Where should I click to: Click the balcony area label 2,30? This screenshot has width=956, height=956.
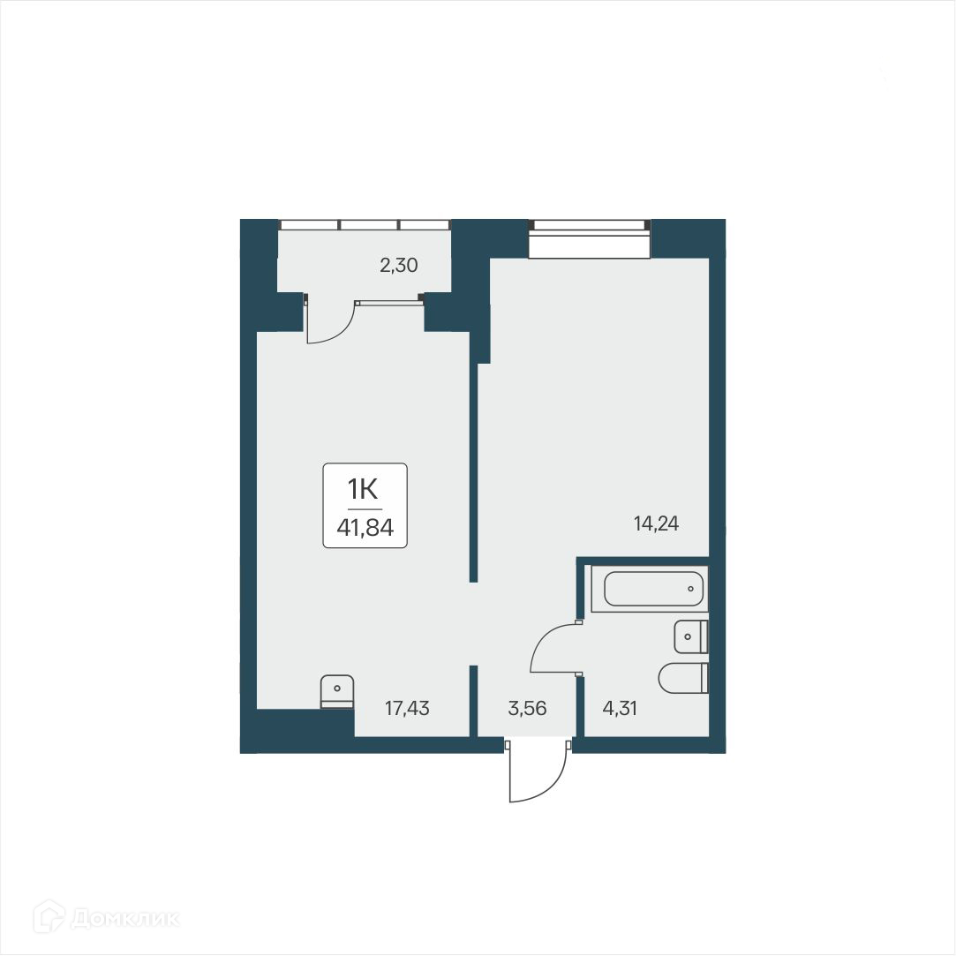click(x=398, y=265)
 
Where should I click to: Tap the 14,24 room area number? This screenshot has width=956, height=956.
click(x=657, y=523)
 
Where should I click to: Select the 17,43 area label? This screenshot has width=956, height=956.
click(x=407, y=707)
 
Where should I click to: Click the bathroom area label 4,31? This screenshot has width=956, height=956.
click(x=618, y=707)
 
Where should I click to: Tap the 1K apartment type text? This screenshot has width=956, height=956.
click(x=365, y=488)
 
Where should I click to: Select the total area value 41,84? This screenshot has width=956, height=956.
click(x=365, y=529)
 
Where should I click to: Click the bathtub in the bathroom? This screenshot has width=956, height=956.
click(x=653, y=589)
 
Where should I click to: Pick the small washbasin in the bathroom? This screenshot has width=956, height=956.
click(x=689, y=636)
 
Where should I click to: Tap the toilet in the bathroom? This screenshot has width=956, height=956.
click(x=682, y=677)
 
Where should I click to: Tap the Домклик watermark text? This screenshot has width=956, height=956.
click(x=125, y=919)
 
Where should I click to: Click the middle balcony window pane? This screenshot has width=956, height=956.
click(x=369, y=225)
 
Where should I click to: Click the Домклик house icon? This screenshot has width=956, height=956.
click(x=49, y=918)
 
